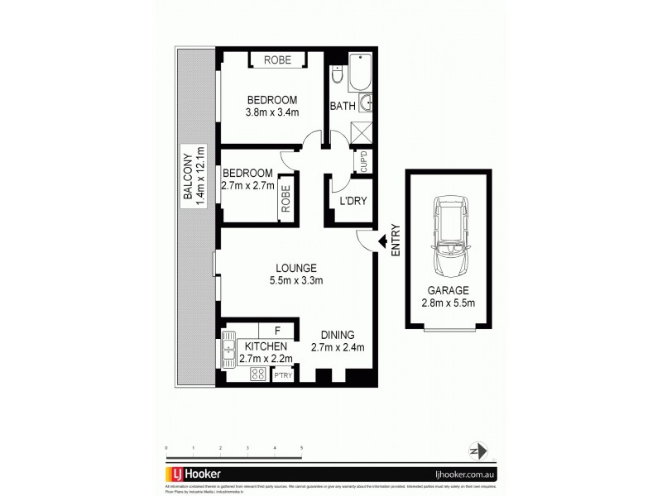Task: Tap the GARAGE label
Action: (448, 290)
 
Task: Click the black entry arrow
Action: (382, 241)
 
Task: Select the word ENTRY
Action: (396, 241)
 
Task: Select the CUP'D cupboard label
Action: (362, 160)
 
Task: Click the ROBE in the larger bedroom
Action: (277, 60)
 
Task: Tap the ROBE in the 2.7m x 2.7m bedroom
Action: (285, 198)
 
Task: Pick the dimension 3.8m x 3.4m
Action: (271, 112)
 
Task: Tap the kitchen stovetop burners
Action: (257, 374)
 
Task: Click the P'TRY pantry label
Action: (283, 374)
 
